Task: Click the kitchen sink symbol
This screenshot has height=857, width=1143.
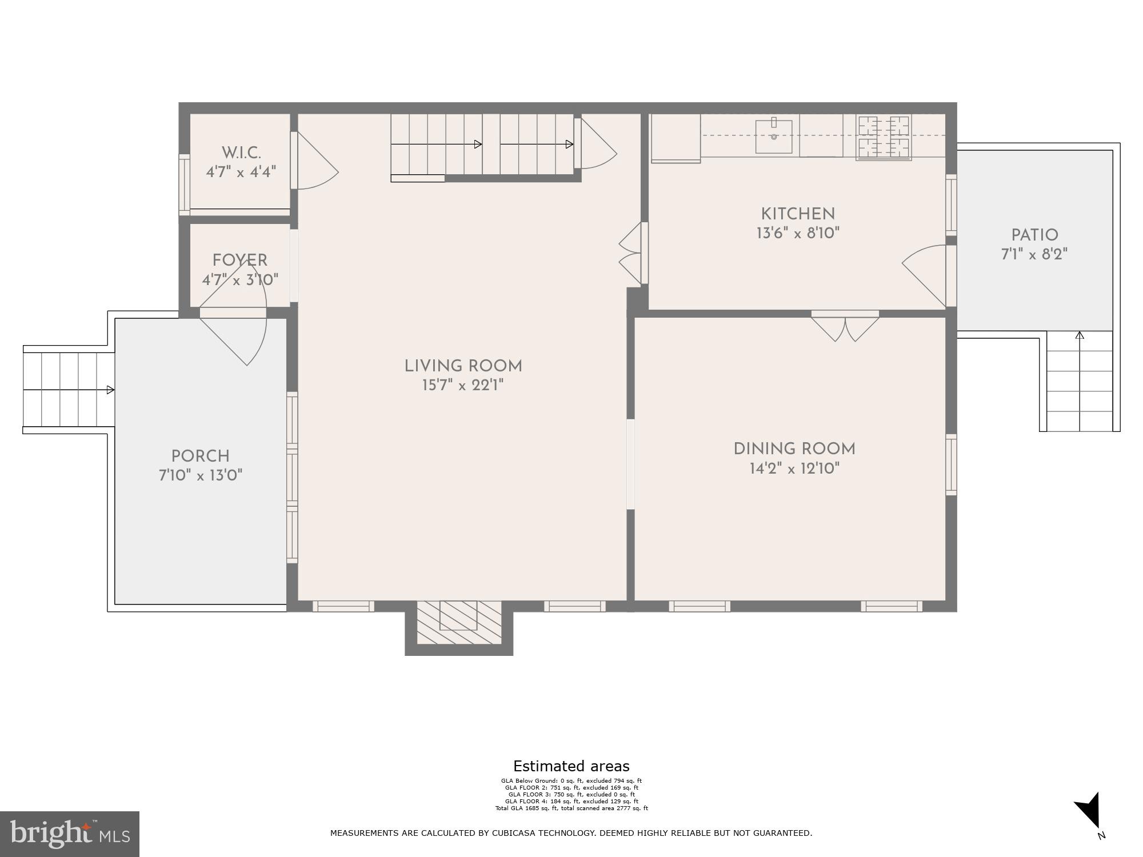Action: [774, 137]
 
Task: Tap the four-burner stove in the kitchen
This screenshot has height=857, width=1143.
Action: [884, 137]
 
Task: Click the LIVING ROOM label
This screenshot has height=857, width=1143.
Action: [463, 366]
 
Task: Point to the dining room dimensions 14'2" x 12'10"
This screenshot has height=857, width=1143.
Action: [794, 469]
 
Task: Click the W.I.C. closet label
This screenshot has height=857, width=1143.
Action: [241, 153]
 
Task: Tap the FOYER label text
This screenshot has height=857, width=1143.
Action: [240, 261]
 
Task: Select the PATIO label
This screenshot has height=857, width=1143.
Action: [1034, 235]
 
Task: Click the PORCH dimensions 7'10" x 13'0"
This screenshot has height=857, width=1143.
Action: [201, 475]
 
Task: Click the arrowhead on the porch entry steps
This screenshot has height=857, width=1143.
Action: [110, 390]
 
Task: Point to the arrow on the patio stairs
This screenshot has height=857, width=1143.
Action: [1080, 337]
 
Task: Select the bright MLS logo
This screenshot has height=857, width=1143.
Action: [69, 834]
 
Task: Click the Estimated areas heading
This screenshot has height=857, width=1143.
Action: [571, 766]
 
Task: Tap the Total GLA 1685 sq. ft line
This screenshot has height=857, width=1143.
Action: [571, 808]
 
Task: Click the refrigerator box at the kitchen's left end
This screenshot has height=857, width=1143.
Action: [675, 138]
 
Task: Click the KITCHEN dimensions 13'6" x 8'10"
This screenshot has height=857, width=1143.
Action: [798, 233]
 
